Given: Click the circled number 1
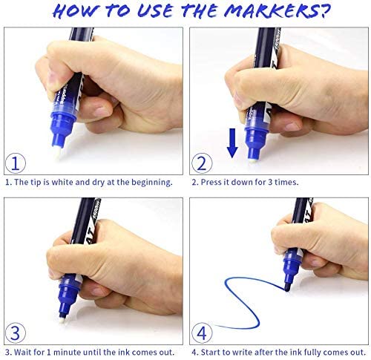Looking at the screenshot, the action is pyautogui.click(x=16, y=163).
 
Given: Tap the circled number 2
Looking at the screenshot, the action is pyautogui.click(x=202, y=163).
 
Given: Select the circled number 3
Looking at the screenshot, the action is pyautogui.click(x=16, y=333).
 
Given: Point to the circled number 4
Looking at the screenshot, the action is pyautogui.click(x=202, y=333).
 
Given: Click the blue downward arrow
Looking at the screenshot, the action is pyautogui.click(x=232, y=143).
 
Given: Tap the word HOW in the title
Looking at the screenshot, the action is pyautogui.click(x=75, y=11).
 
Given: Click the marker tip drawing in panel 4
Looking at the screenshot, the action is pyautogui.click(x=287, y=287).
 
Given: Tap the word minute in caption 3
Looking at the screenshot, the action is pyautogui.click(x=67, y=352).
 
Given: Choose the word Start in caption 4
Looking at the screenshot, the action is pyautogui.click(x=209, y=352).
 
